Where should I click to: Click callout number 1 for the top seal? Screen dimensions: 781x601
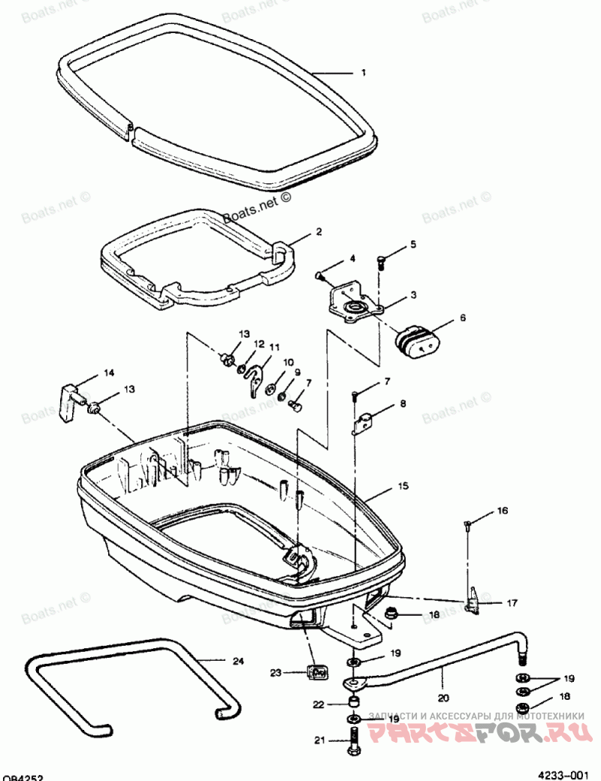[x=364, y=73]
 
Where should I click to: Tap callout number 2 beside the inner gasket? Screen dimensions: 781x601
[x=319, y=232]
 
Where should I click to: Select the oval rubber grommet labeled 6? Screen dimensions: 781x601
[x=417, y=340]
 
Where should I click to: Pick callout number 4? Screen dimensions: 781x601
[x=352, y=259]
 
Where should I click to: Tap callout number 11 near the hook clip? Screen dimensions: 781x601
[x=275, y=348]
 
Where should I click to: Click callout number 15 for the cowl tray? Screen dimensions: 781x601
[x=403, y=487]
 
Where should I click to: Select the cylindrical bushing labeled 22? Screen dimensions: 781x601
[x=352, y=703]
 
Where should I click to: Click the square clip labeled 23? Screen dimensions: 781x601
[x=317, y=671]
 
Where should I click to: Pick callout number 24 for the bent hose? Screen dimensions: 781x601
[x=237, y=661]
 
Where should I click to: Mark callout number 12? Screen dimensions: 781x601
[x=259, y=344]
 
